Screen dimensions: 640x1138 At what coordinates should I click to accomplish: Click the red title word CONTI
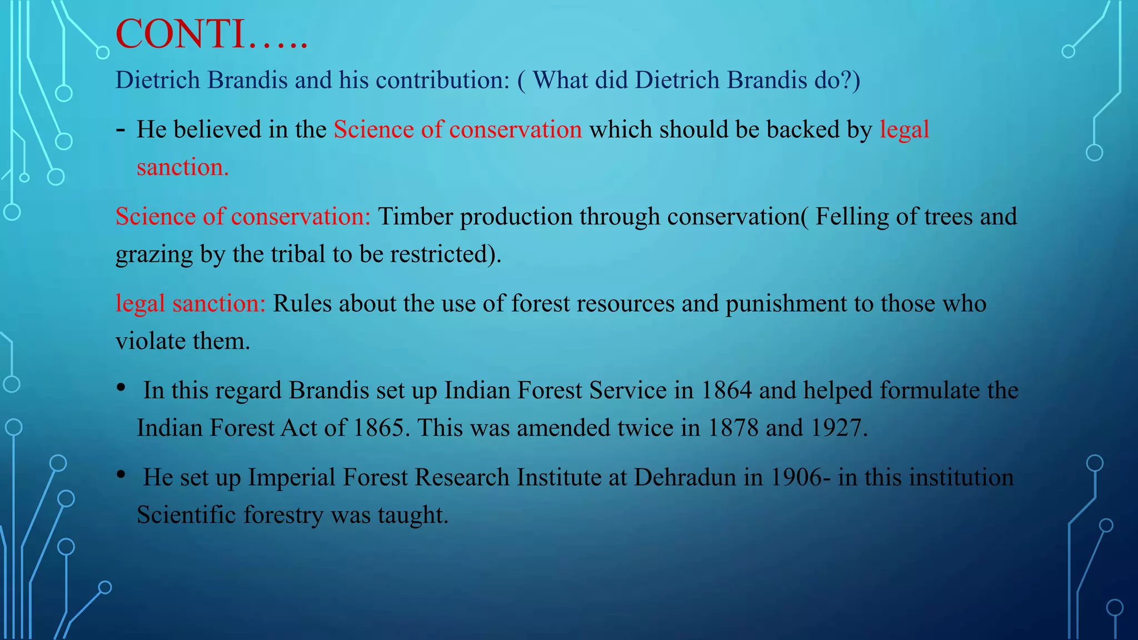(181, 34)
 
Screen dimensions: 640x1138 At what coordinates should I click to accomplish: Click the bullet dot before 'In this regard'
(121, 388)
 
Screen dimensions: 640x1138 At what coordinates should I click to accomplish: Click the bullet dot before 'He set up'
(121, 475)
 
